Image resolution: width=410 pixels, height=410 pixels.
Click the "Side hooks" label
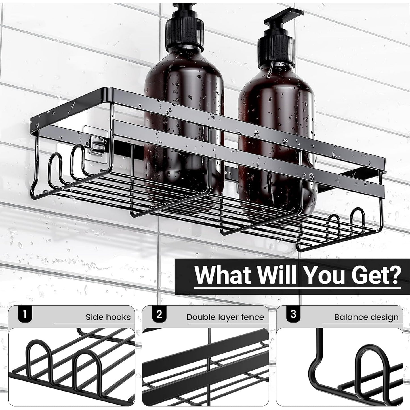click(x=108, y=317)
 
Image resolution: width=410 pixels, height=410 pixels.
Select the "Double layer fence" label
click(x=225, y=318)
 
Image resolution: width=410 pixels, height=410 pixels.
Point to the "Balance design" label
click(x=366, y=318)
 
